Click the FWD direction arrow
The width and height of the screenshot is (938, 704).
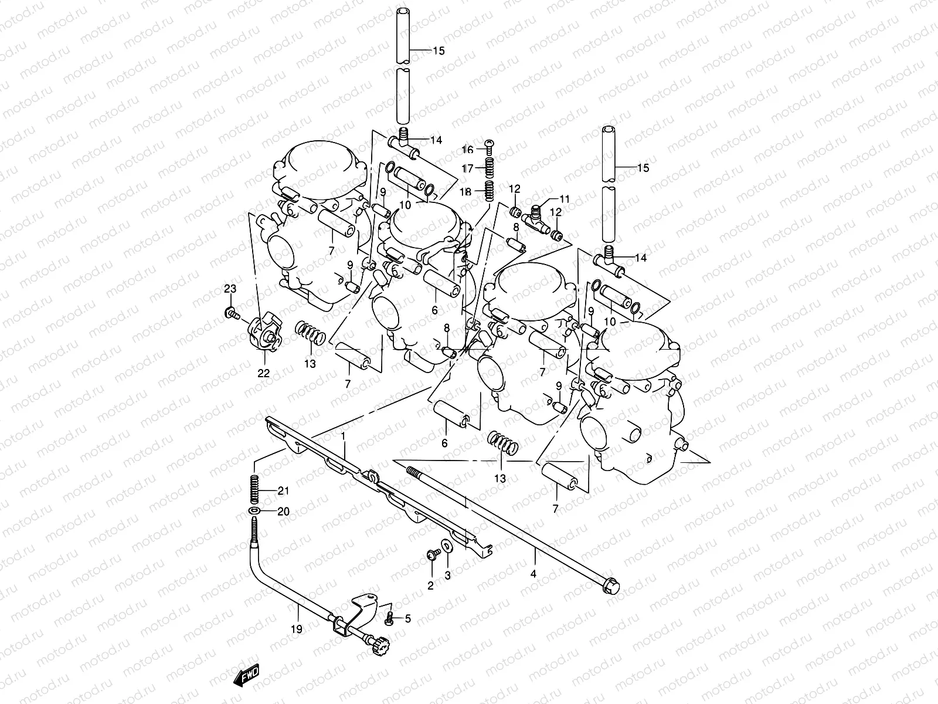[246, 676]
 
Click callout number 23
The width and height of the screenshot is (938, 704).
[230, 289]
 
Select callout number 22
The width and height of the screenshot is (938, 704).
[264, 373]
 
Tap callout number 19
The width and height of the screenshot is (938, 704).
[296, 629]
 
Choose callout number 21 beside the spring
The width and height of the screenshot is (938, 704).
[283, 490]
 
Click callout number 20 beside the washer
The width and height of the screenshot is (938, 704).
[283, 512]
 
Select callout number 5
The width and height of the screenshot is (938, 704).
[408, 618]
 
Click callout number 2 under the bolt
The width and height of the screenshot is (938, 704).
[430, 585]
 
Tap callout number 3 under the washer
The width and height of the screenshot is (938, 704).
[447, 576]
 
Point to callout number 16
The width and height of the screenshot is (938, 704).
[467, 150]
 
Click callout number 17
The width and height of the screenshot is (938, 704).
[467, 168]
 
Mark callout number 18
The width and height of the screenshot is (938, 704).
[466, 192]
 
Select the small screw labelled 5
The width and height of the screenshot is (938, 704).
[388, 618]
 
